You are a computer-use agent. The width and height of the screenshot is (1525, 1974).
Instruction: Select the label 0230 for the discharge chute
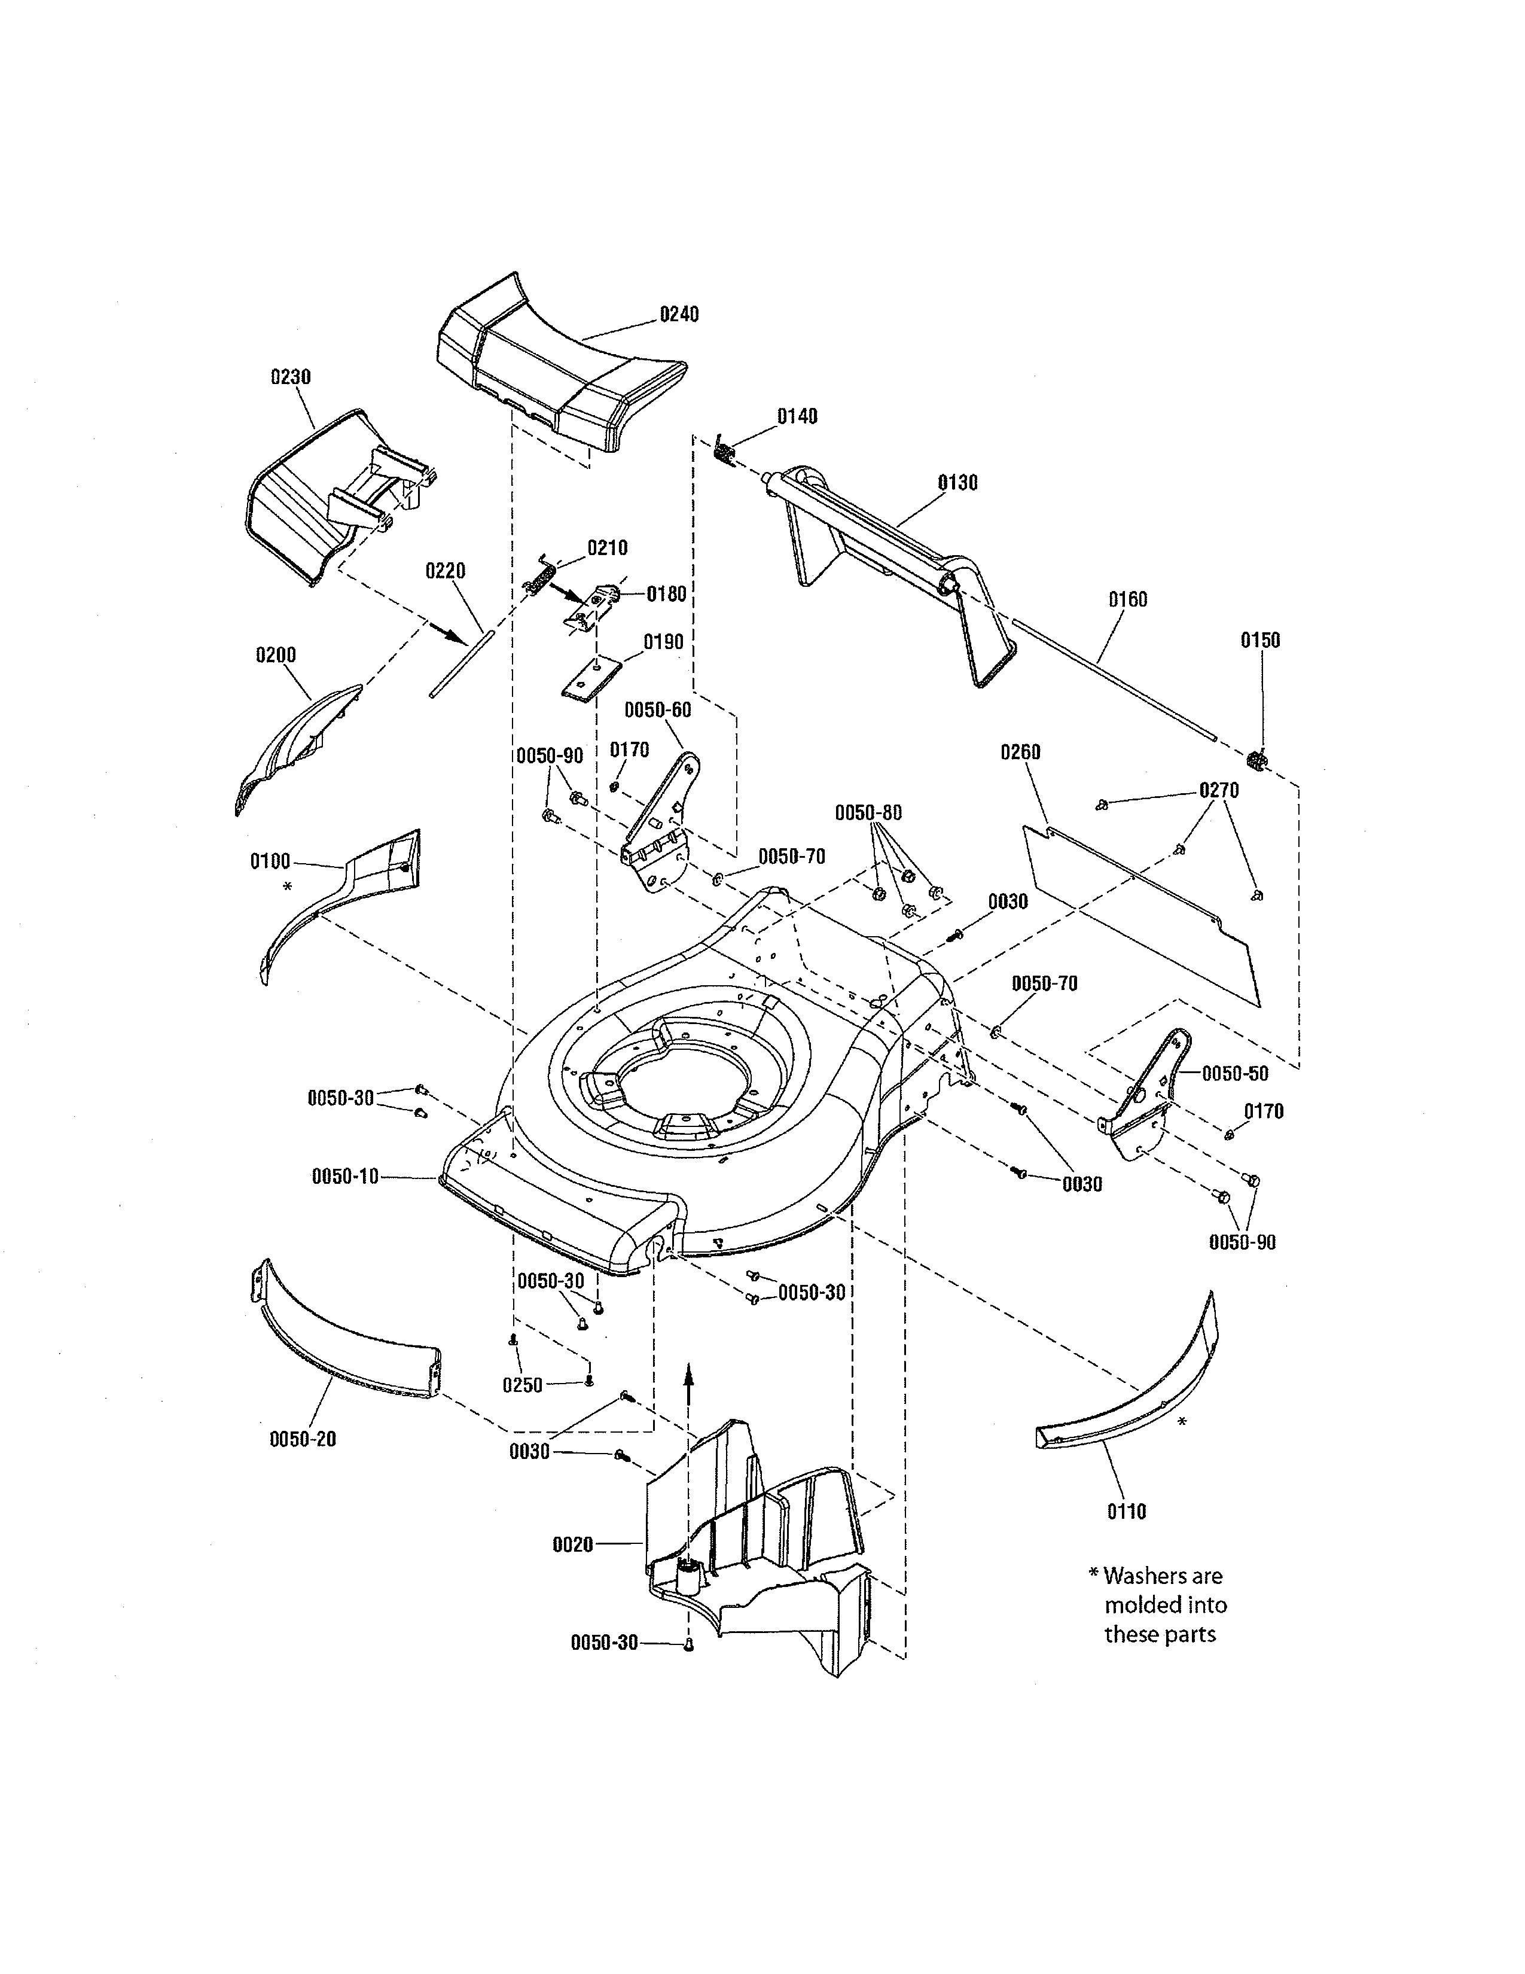tap(291, 377)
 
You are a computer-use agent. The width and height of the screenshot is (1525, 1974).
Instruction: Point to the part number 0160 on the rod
tap(1127, 599)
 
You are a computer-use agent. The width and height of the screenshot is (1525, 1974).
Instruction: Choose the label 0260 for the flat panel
tap(1020, 752)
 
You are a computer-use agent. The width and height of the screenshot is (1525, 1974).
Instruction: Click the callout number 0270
tap(1219, 790)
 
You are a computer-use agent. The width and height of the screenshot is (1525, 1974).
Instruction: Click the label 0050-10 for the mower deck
tap(345, 1176)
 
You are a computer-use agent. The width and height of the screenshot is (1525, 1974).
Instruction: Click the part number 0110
tap(1127, 1511)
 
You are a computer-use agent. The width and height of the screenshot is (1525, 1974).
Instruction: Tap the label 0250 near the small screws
tap(522, 1385)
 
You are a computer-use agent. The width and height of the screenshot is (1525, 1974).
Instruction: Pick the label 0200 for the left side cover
tap(276, 654)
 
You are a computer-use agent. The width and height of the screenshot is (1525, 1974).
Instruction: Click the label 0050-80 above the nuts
tap(867, 812)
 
